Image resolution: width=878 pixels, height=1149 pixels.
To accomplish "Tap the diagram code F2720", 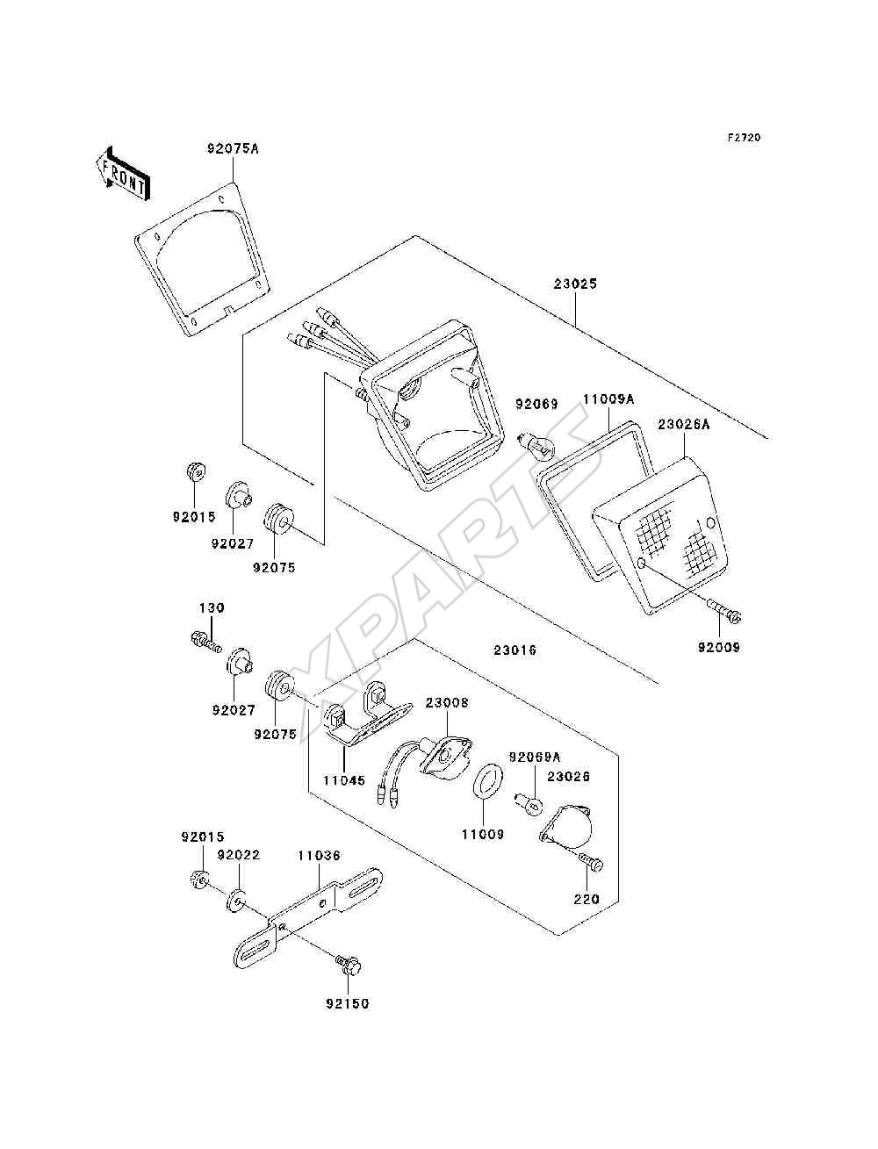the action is [x=744, y=138].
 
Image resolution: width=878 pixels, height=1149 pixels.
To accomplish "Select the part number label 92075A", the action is [x=233, y=148].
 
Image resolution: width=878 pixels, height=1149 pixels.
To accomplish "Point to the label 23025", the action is [x=575, y=284].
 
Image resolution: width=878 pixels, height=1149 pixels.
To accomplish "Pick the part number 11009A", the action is [x=609, y=400].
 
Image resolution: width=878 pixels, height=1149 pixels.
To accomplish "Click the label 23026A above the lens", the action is [x=684, y=425].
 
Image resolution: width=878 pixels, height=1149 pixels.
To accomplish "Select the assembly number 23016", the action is [x=515, y=650].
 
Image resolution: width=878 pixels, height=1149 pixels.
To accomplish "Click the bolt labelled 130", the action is [x=205, y=642].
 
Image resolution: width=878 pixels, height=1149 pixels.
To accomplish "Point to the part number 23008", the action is [x=447, y=702].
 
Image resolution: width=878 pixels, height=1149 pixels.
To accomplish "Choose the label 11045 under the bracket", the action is [x=343, y=794].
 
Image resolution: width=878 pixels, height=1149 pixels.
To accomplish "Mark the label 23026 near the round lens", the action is [x=569, y=776].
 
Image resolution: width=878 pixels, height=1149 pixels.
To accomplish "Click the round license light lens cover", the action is [x=567, y=831].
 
